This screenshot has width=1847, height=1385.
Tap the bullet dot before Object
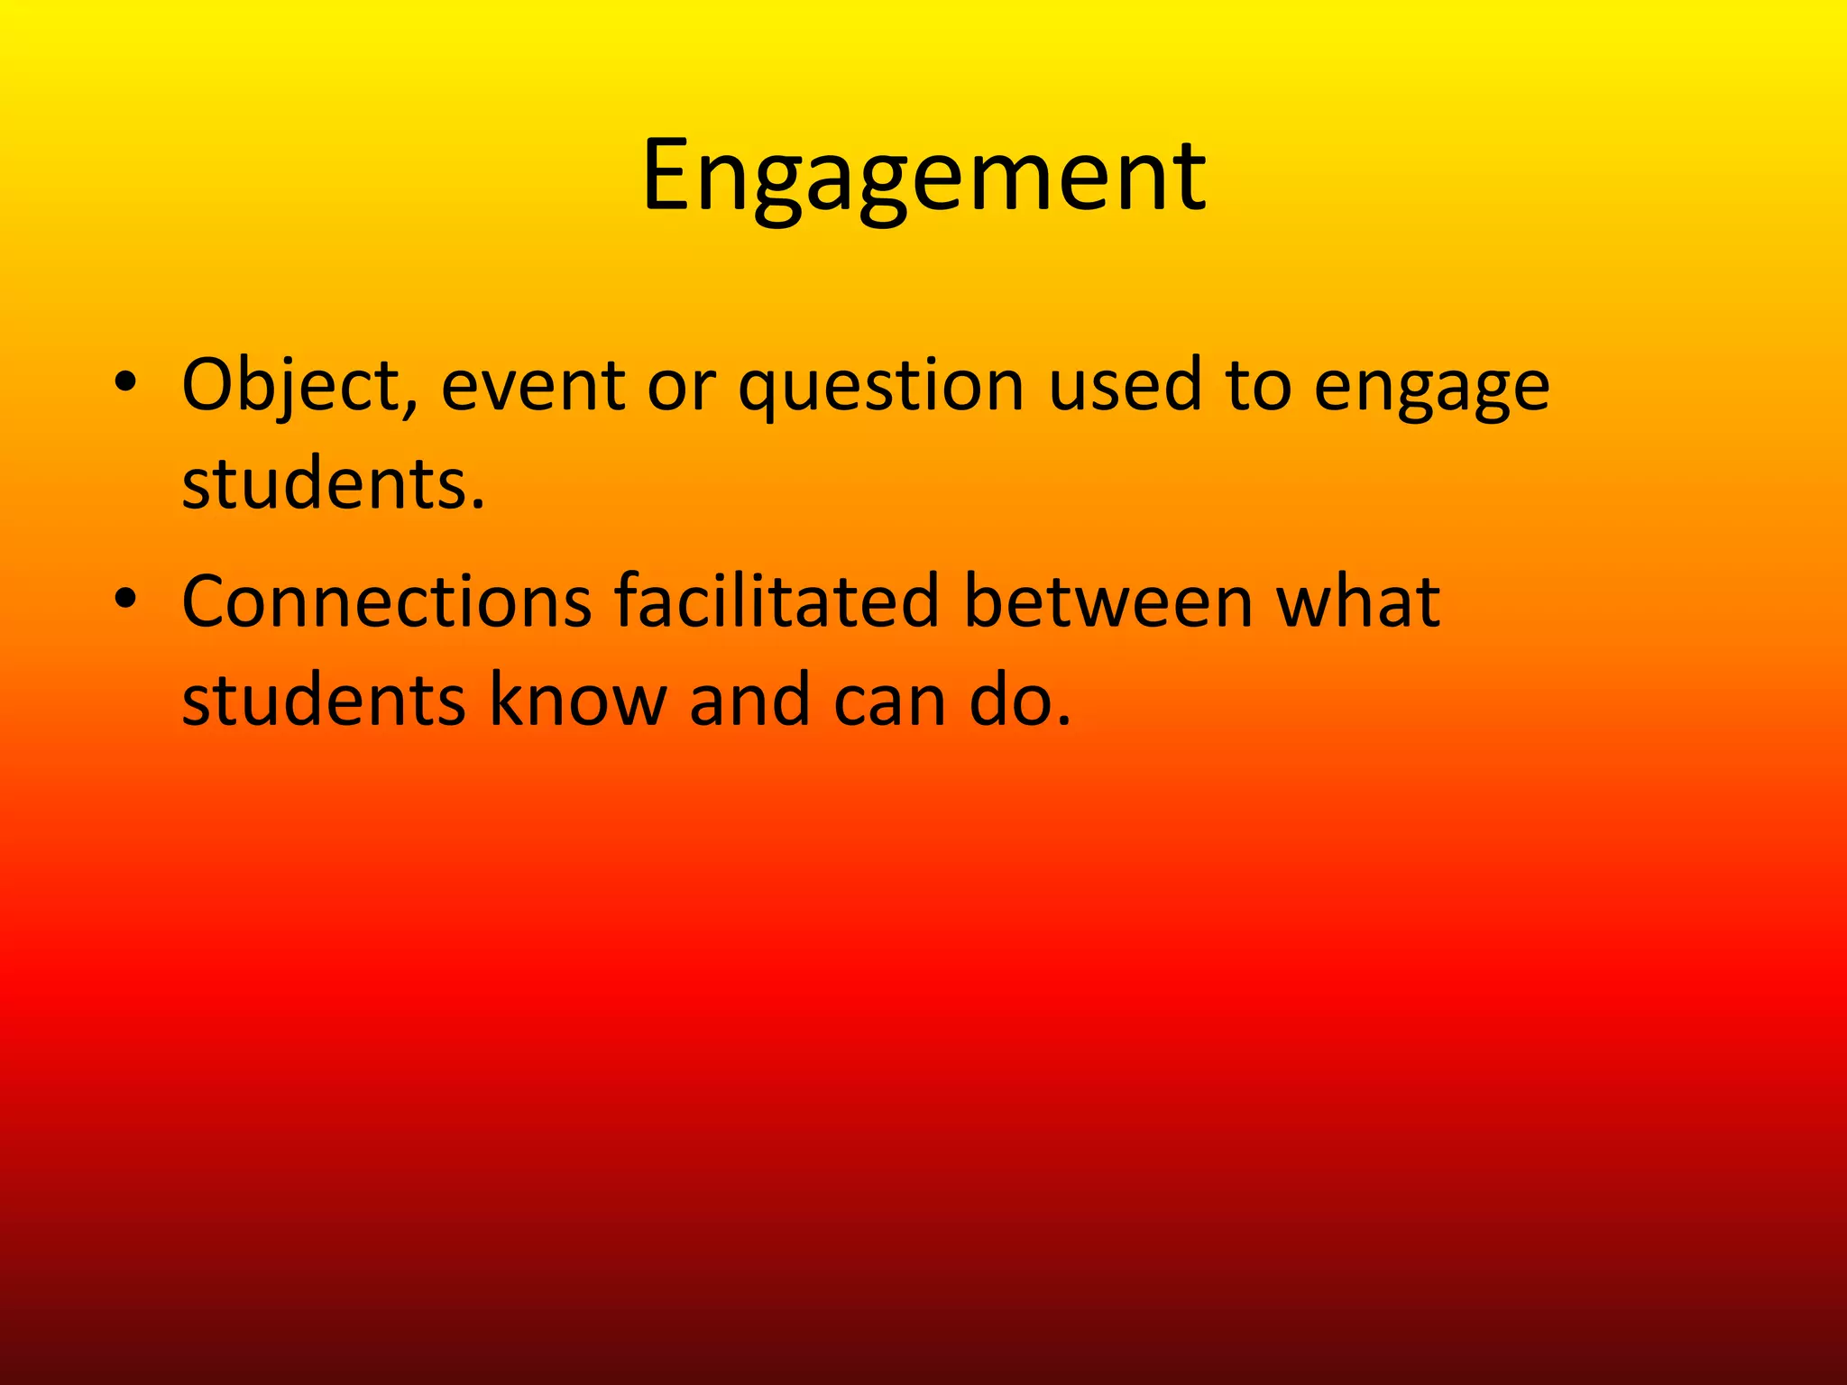(x=125, y=382)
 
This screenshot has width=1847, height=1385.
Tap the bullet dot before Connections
(x=125, y=599)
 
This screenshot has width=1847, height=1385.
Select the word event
(x=533, y=386)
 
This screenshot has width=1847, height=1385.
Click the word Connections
(x=387, y=602)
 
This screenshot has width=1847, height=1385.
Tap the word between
(x=1108, y=602)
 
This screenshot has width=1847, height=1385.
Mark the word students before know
(x=323, y=700)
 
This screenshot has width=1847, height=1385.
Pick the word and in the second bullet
(x=749, y=700)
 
